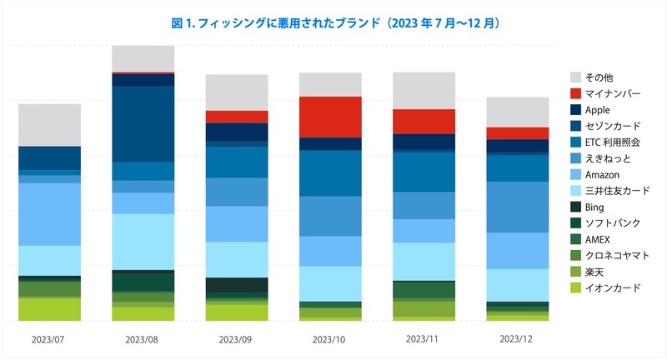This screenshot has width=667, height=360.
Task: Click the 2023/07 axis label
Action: click(x=49, y=340)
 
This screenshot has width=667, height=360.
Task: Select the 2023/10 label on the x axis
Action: click(x=330, y=340)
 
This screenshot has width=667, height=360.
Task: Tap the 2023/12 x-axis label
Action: click(x=517, y=340)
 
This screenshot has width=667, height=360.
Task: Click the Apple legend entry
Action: click(x=599, y=109)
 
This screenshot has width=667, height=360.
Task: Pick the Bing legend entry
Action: click(x=595, y=207)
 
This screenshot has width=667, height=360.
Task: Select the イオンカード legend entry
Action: click(x=613, y=287)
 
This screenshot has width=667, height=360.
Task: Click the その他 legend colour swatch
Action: click(x=576, y=77)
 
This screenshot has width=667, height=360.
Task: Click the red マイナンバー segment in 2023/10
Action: click(x=330, y=117)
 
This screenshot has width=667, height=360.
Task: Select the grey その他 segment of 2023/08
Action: click(x=143, y=58)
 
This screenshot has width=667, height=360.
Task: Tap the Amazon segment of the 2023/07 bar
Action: click(x=49, y=214)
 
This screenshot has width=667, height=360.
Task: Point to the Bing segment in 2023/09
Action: click(x=237, y=285)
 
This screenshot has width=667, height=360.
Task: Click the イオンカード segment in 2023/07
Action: click(x=49, y=309)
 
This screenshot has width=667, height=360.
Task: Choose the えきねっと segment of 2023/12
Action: click(x=517, y=207)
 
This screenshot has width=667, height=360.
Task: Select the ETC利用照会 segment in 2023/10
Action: click(x=330, y=173)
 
